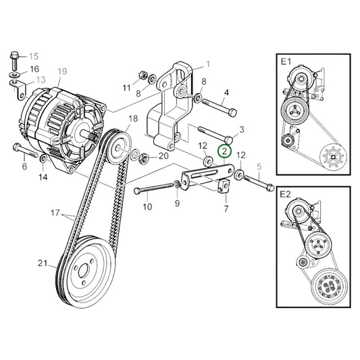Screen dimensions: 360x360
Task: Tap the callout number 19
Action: [x=62, y=71]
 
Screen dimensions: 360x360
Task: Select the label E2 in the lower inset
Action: [x=286, y=195]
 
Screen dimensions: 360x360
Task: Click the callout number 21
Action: [x=43, y=263]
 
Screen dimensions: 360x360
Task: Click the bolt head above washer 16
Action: [x=14, y=55]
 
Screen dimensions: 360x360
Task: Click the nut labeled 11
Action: [x=143, y=74]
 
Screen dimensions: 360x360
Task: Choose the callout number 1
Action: [x=208, y=65]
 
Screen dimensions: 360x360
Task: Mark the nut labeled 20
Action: [x=144, y=157]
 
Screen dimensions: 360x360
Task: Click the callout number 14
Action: [x=43, y=178]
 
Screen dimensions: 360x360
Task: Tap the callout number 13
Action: [x=41, y=80]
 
